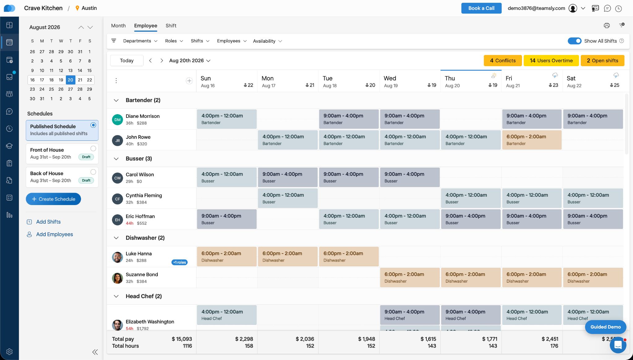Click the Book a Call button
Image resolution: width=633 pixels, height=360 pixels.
click(481, 8)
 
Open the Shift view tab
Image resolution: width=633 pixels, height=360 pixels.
click(171, 26)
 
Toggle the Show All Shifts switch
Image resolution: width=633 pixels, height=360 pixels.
click(575, 41)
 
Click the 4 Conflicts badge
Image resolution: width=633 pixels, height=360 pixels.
click(503, 61)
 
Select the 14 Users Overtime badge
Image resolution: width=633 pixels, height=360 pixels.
click(551, 61)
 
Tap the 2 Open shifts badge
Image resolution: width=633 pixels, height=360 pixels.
click(602, 61)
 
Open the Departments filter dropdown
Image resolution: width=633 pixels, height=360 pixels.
click(140, 41)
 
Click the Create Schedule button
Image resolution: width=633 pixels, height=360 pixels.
click(53, 199)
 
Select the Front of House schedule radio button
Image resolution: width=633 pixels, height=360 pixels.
click(93, 148)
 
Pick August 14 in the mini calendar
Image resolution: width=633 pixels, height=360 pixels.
click(80, 71)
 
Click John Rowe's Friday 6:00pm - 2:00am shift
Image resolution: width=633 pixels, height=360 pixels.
click(532, 140)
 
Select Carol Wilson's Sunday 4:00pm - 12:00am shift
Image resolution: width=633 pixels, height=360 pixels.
click(227, 177)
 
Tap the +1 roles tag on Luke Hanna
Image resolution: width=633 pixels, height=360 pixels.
click(179, 262)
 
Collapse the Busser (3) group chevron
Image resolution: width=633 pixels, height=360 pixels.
click(116, 159)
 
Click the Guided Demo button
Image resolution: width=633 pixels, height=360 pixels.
click(605, 327)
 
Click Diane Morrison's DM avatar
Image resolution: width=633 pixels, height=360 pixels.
click(118, 119)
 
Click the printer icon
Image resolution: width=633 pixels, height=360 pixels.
click(607, 26)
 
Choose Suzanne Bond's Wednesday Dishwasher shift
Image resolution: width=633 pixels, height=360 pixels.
click(410, 277)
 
